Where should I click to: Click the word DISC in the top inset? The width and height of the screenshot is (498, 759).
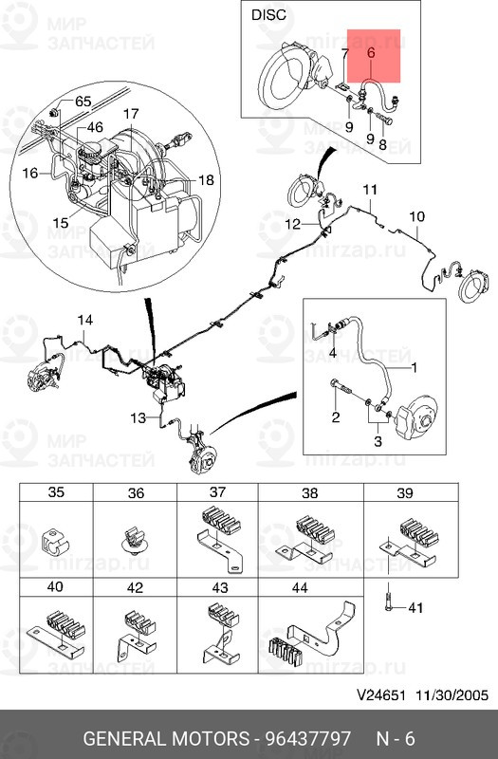[x=268, y=14]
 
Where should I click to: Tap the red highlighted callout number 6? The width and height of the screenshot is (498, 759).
[x=371, y=53]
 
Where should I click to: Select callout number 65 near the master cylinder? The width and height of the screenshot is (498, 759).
[x=83, y=102]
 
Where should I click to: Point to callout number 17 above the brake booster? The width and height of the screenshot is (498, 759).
[x=131, y=114]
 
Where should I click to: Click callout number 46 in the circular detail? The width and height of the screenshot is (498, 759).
[x=95, y=127]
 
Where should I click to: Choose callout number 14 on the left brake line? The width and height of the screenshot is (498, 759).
[x=85, y=320]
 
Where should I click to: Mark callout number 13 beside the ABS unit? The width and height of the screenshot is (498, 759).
[x=138, y=417]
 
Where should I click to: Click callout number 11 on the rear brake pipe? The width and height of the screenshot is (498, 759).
[x=370, y=189]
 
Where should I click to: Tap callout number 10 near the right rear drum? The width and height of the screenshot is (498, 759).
[x=416, y=216]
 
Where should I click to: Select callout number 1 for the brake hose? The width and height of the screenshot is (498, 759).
[x=414, y=367]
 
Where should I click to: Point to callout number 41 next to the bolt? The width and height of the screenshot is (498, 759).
[x=415, y=607]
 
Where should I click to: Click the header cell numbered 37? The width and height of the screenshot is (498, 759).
[x=218, y=491]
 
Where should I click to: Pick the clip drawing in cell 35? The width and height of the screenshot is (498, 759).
[x=56, y=543]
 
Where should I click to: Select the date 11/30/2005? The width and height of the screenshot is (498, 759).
[x=452, y=695]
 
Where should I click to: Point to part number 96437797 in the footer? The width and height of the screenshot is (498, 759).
[x=307, y=739]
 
